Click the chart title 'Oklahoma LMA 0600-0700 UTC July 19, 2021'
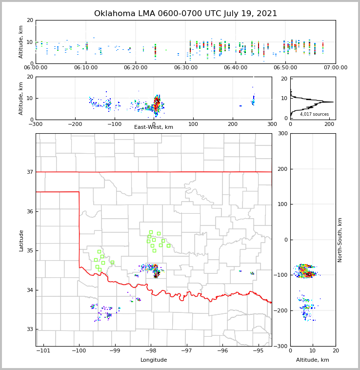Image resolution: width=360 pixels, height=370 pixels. pyautogui.click(x=185, y=14)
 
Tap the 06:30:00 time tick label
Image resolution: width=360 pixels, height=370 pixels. pyautogui.click(x=185, y=68)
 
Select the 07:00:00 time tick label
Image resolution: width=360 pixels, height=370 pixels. pyautogui.click(x=335, y=68)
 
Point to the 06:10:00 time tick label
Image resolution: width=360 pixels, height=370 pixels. pyautogui.click(x=85, y=68)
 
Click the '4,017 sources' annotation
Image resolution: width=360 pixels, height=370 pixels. pyautogui.click(x=314, y=114)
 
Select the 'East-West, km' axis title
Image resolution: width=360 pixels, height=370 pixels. pyautogui.click(x=154, y=127)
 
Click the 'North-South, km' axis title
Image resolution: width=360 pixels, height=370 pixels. pyautogui.click(x=340, y=240)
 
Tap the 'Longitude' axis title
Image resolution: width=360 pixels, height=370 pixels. pyautogui.click(x=154, y=360)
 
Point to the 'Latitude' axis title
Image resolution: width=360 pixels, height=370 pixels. pyautogui.click(x=21, y=240)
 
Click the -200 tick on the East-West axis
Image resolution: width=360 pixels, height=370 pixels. pyautogui.click(x=75, y=124)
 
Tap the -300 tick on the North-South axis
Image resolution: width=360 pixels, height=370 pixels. pyautogui.click(x=283, y=346)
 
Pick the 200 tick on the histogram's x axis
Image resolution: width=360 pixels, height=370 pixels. pyautogui.click(x=329, y=124)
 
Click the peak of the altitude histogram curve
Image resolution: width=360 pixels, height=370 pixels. pyautogui.click(x=333, y=102)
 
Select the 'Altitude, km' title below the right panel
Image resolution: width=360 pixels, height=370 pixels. pyautogui.click(x=313, y=360)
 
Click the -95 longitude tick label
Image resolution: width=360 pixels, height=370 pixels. pyautogui.click(x=259, y=350)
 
